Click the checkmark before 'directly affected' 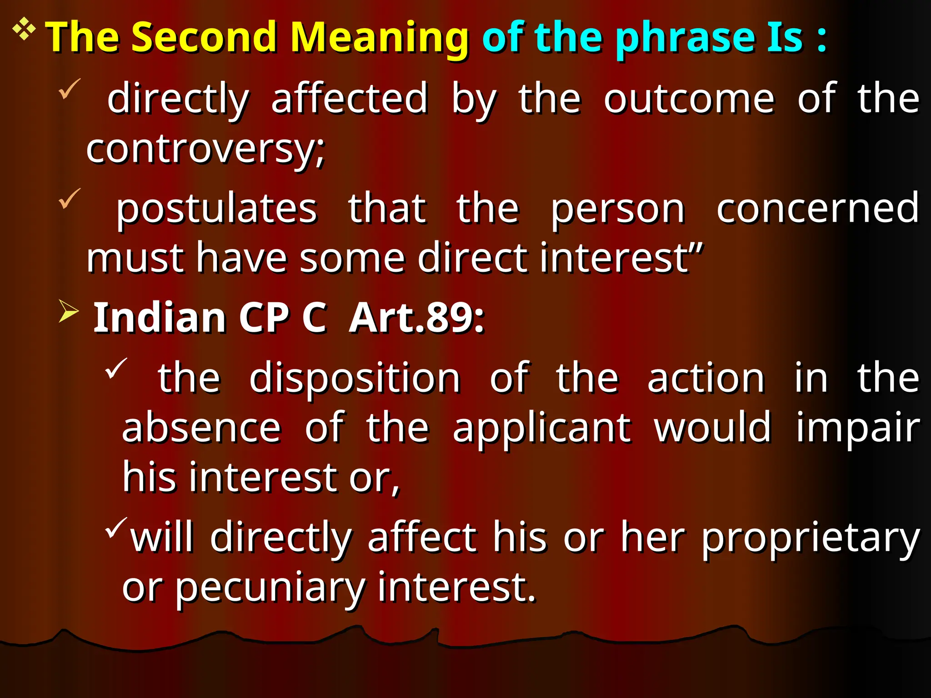(x=70, y=88)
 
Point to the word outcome (x=688, y=99)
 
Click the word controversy (x=205, y=150)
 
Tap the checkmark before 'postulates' (x=70, y=199)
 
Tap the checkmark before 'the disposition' (x=116, y=368)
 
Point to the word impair (x=857, y=429)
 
